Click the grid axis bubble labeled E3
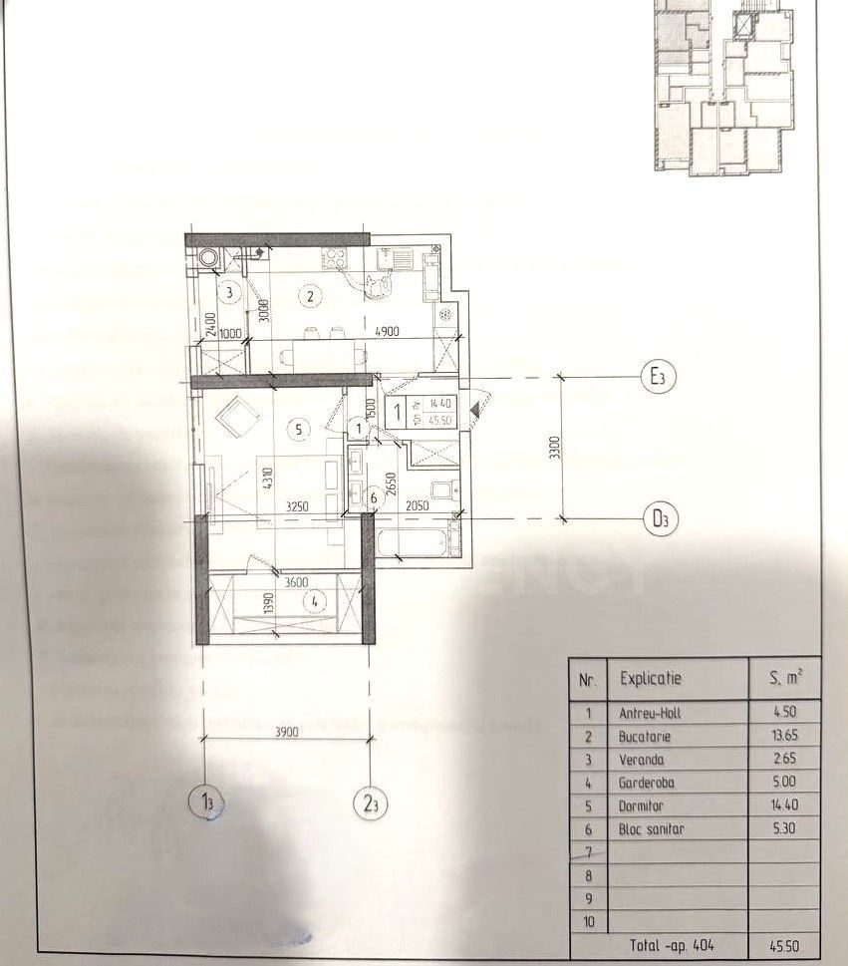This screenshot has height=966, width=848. pyautogui.click(x=657, y=377)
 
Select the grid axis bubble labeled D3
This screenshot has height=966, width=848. pyautogui.click(x=658, y=519)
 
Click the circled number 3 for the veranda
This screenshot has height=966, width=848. pyautogui.click(x=229, y=293)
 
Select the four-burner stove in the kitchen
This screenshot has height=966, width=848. pyautogui.click(x=332, y=259)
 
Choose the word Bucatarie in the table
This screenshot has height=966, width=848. pyautogui.click(x=645, y=738)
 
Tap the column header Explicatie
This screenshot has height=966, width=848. pyautogui.click(x=651, y=678)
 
